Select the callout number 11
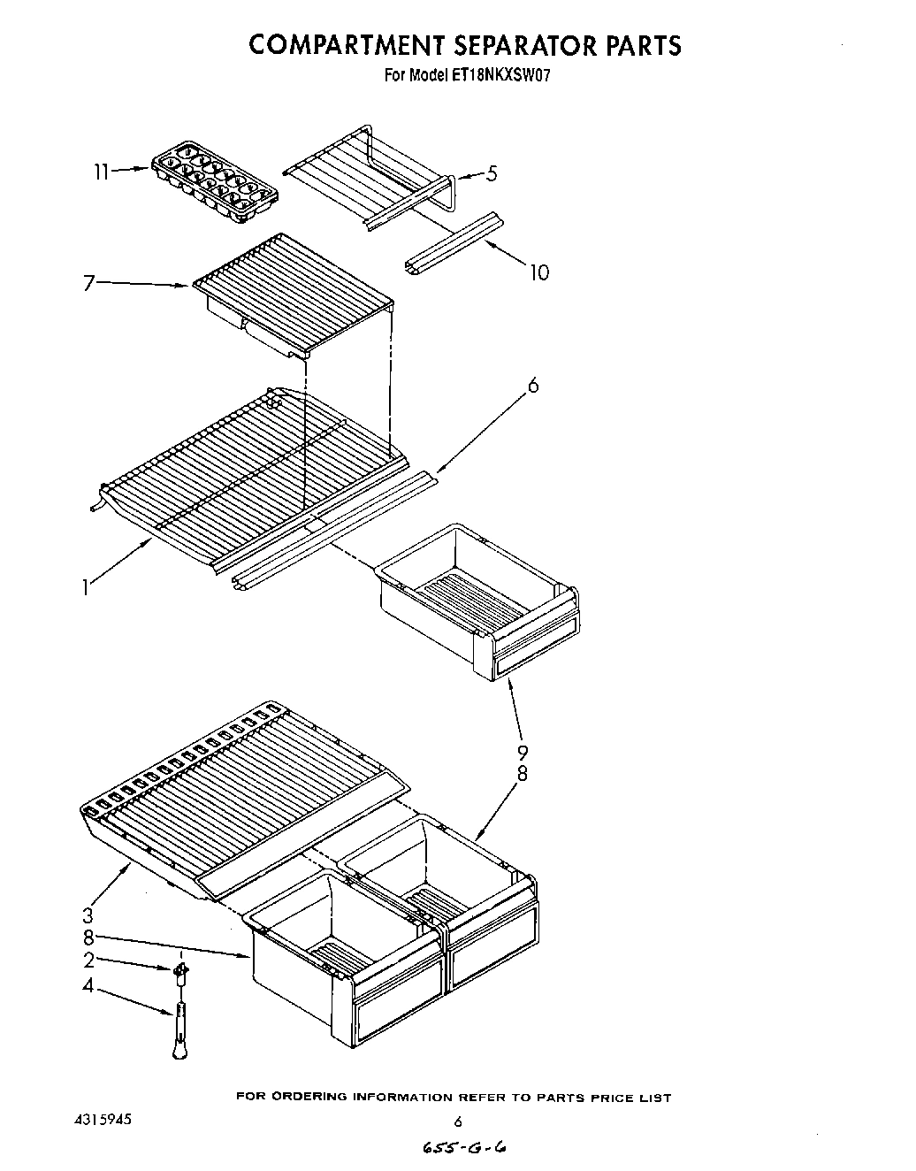[103, 172]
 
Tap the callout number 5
[492, 173]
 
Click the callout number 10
[539, 272]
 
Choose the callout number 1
[85, 586]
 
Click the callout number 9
[523, 753]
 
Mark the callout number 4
[88, 984]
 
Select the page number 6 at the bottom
[457, 1122]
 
